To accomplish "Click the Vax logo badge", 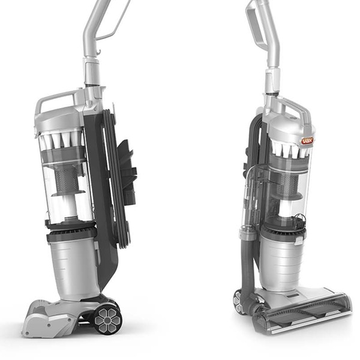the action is coord(307,140).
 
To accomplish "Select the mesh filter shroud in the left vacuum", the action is coord(67,179).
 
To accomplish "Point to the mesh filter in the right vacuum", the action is coord(287,184).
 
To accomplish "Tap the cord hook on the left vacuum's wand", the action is coord(99,52).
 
